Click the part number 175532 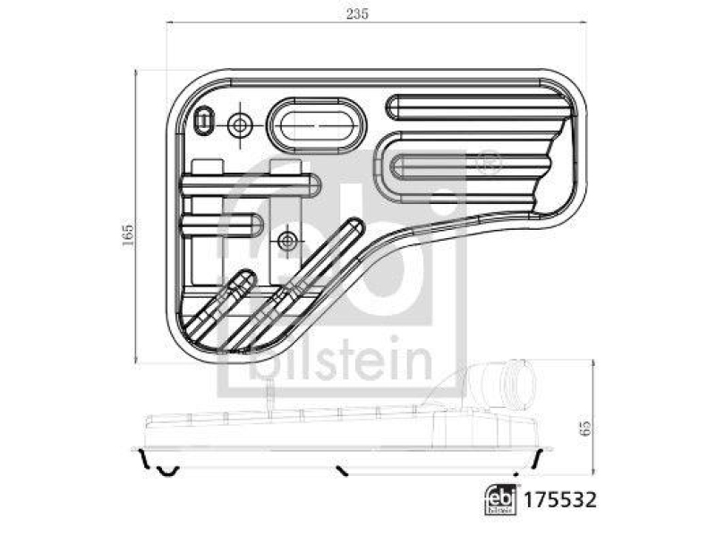click(x=560, y=498)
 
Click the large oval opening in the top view click(x=317, y=126)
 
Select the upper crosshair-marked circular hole click(x=240, y=125)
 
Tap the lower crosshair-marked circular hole click(x=287, y=240)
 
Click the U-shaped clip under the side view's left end click(x=166, y=468)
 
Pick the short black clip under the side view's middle click(x=341, y=468)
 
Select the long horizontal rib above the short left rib click(x=250, y=185)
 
